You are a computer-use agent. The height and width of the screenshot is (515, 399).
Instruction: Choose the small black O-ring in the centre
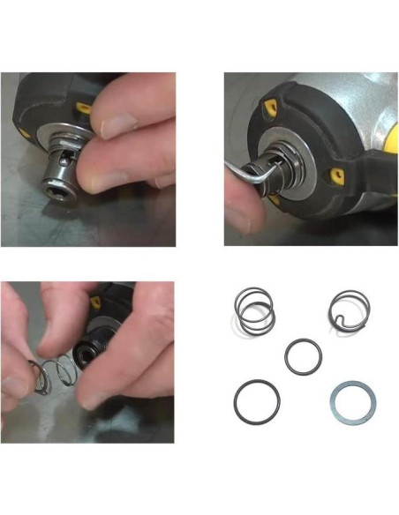click(x=304, y=357)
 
